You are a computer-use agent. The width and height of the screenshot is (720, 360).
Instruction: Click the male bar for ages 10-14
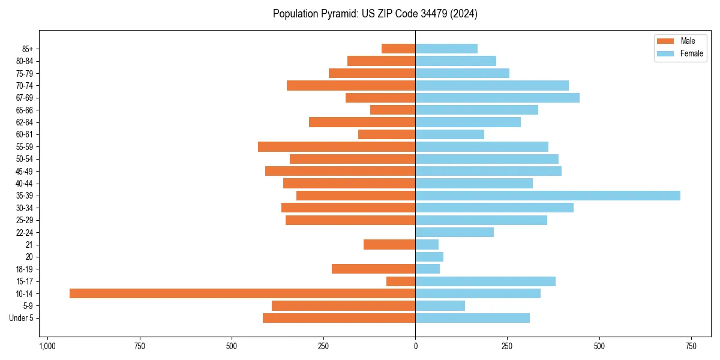pos(242,293)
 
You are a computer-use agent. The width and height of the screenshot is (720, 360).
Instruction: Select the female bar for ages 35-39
pos(548,196)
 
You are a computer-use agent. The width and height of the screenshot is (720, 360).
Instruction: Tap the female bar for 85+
pos(446,49)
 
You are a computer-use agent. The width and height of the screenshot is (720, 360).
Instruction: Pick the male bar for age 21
pos(389,244)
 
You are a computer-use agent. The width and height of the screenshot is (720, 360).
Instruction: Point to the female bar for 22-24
pos(454,232)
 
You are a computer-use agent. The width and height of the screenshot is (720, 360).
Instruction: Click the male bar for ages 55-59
pos(337,146)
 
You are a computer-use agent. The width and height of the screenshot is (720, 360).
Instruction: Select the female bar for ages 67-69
pos(497,98)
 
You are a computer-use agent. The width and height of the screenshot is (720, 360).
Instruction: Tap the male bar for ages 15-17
pos(401,281)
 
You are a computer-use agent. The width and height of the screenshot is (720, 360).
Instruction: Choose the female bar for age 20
pos(429,257)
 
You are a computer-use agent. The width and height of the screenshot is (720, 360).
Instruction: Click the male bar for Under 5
pos(339,318)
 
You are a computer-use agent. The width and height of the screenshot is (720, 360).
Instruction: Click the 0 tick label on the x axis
pos(415,346)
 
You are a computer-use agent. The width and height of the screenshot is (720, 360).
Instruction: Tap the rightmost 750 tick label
pos(691,346)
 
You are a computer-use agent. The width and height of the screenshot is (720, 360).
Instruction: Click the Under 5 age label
pos(21,318)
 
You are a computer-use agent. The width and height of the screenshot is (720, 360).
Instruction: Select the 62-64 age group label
pos(24,122)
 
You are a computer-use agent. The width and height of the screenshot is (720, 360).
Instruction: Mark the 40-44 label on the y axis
pos(24,184)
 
